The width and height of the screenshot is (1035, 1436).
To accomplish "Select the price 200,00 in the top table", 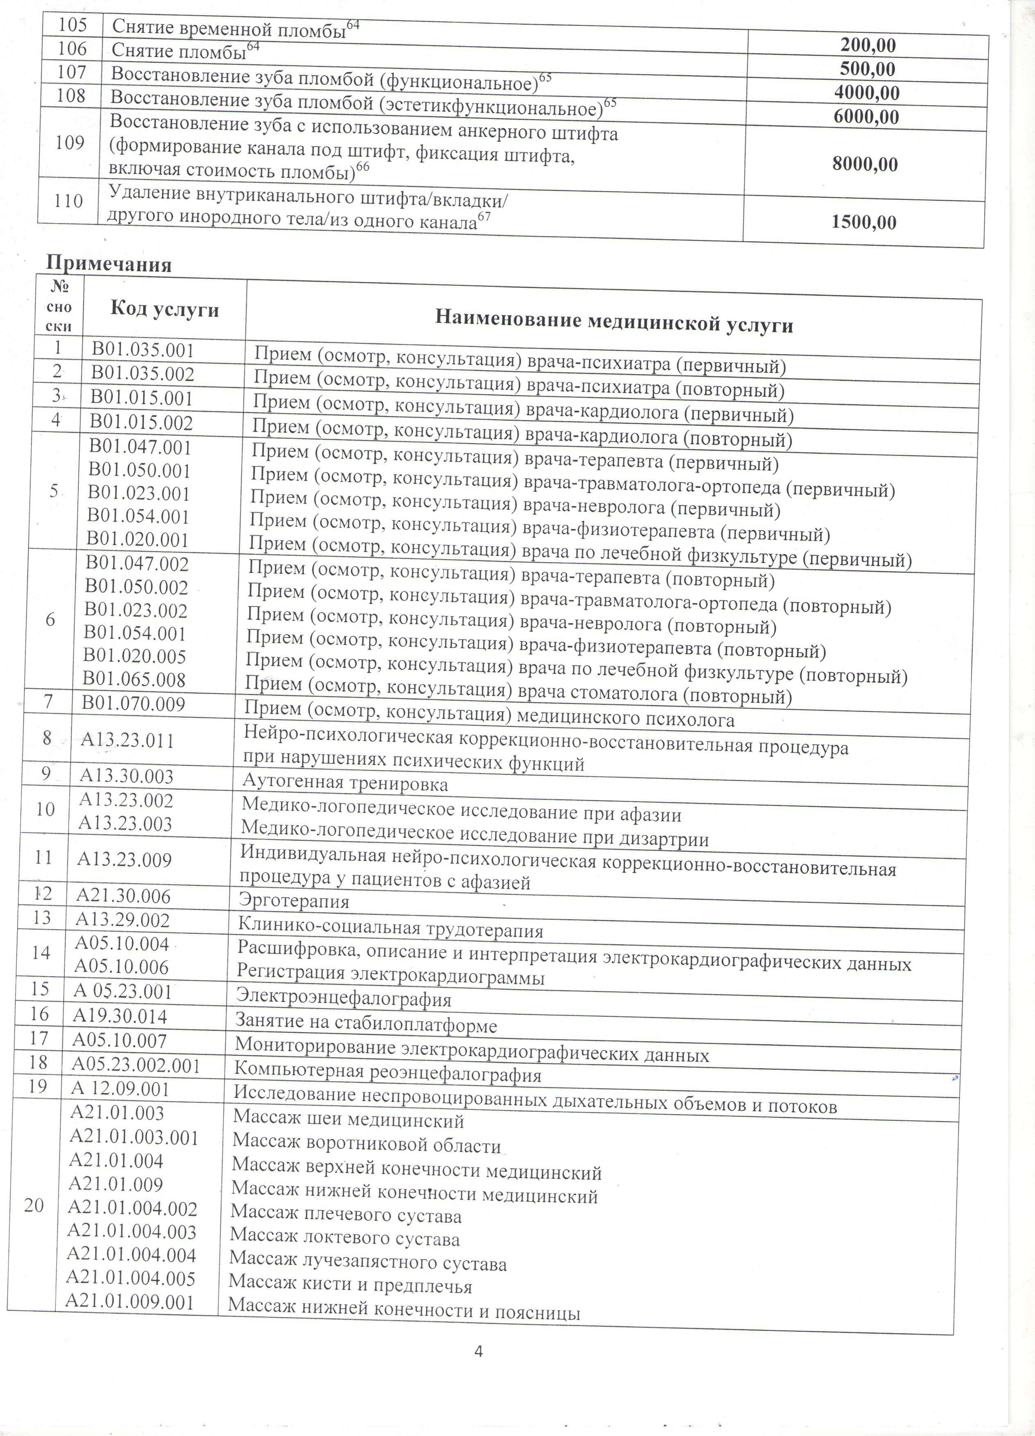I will pos(868,45).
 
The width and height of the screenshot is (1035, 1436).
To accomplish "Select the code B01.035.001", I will pos(142,350).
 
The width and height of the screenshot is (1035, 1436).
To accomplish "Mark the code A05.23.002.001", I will pos(136,1065).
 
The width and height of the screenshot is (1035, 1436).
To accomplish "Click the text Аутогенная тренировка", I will pos(345,784).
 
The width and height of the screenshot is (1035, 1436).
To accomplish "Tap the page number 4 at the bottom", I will pos(479,1349).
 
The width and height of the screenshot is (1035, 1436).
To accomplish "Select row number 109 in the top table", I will pos(70,143).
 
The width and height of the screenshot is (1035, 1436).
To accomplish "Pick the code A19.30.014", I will pos(120,1016).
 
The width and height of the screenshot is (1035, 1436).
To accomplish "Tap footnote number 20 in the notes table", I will pos(34,1205).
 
